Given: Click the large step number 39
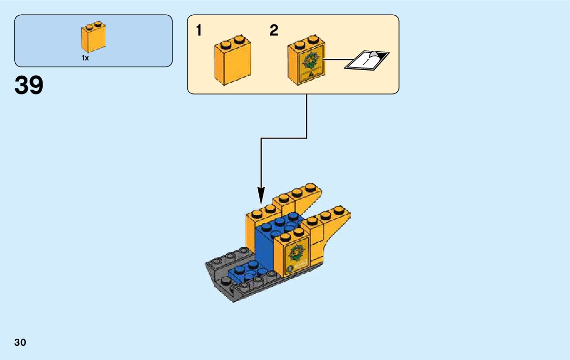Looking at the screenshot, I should pyautogui.click(x=29, y=85).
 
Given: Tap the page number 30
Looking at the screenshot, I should pyautogui.click(x=20, y=342).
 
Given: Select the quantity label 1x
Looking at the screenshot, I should pyautogui.click(x=85, y=58).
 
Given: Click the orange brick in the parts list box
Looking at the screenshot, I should pyautogui.click(x=93, y=38).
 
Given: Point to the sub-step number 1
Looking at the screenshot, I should pyautogui.click(x=199, y=31).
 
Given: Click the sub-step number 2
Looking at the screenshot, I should pyautogui.click(x=274, y=31).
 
